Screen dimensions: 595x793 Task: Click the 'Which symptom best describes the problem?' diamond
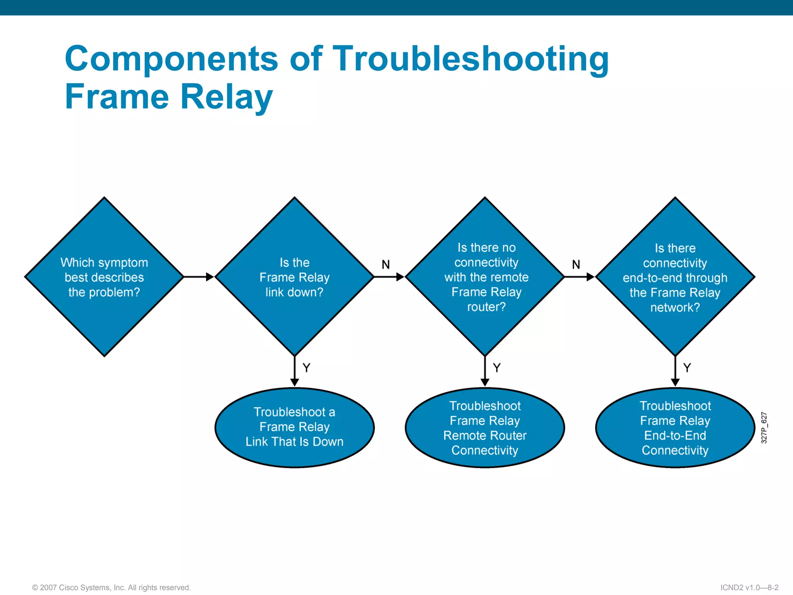pos(104,277)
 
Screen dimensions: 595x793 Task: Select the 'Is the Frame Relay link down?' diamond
pos(294,277)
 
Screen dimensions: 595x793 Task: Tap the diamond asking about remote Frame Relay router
pos(485,277)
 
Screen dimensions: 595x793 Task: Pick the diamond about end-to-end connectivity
pos(675,277)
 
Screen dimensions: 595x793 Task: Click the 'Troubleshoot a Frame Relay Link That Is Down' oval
pos(294,427)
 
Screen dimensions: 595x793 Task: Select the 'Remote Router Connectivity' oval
pos(485,428)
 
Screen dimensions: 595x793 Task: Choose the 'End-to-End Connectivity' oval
pos(675,428)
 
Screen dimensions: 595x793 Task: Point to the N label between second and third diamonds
pos(386,265)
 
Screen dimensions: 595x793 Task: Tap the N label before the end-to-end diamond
pos(576,265)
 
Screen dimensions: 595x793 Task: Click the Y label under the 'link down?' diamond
pos(306,368)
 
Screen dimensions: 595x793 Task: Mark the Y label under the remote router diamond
pos(497,368)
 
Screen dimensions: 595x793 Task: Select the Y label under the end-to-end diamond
pos(687,368)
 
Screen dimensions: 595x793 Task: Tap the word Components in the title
pos(172,59)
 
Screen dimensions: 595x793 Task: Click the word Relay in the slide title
pos(227,97)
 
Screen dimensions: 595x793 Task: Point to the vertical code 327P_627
pos(764,428)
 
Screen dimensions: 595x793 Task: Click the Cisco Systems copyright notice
pos(112,587)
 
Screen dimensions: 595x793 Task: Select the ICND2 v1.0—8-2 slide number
pos(749,587)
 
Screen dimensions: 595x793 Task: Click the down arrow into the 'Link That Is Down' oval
pos(294,372)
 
